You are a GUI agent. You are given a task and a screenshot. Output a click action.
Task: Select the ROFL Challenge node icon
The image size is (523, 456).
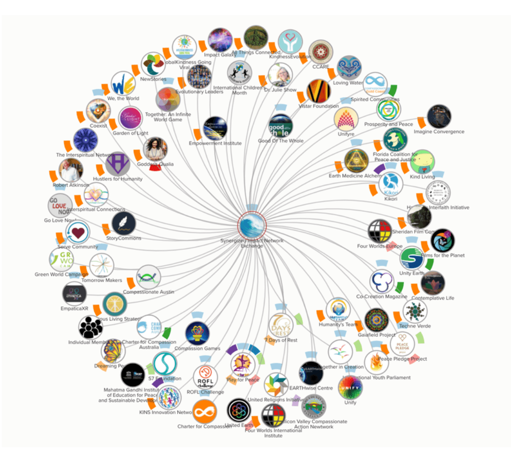click(x=205, y=377)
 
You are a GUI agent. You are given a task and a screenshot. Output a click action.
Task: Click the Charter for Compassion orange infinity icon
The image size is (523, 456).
click(x=204, y=412)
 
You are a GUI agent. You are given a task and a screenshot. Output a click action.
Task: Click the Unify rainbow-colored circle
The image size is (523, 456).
click(x=350, y=388)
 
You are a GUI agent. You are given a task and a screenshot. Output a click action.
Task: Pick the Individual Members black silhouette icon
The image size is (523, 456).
click(x=91, y=328)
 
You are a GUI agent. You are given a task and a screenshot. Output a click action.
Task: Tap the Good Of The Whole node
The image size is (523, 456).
click(x=280, y=126)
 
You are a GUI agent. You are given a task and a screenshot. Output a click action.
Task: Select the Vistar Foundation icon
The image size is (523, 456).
click(x=318, y=91)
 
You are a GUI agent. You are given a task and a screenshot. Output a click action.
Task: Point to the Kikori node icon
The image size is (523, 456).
click(x=391, y=184)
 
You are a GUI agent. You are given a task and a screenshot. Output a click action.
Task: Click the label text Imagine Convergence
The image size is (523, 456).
click(x=439, y=132)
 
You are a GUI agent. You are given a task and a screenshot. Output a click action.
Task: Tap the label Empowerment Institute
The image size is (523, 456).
click(x=215, y=143)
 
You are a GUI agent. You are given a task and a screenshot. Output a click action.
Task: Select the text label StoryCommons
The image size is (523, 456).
click(x=124, y=238)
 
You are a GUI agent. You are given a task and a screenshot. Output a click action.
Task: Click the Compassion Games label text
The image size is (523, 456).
click(x=197, y=348)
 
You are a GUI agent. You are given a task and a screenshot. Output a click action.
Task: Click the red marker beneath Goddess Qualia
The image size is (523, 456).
click(x=156, y=170)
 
